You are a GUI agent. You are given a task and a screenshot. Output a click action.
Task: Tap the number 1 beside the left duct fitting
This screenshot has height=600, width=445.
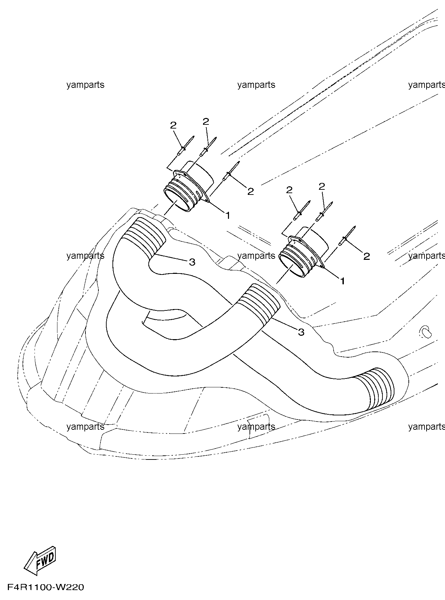click(x=227, y=215)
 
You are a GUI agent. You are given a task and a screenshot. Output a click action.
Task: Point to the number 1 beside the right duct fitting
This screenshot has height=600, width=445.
click(x=342, y=281)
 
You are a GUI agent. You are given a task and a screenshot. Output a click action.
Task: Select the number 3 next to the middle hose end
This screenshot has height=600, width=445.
click(x=301, y=332)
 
